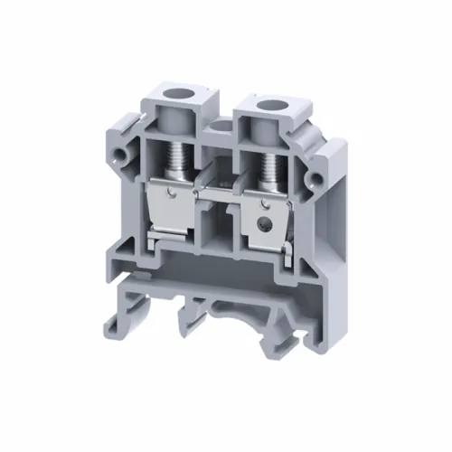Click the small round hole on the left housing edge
[x=121, y=168]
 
